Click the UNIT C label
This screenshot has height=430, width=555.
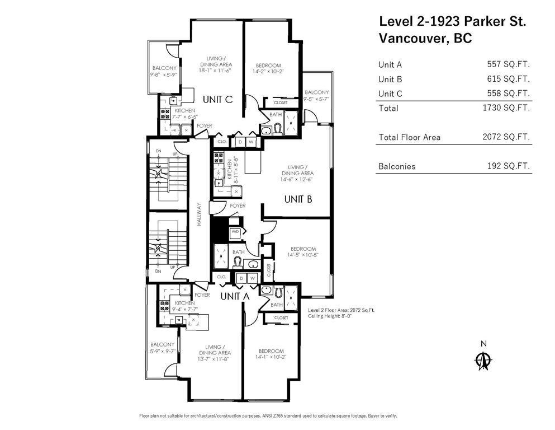[x=217, y=100]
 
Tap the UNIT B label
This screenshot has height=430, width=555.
[x=297, y=199]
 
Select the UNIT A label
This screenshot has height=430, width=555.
[x=234, y=296]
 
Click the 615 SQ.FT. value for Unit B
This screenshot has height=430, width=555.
[x=508, y=79]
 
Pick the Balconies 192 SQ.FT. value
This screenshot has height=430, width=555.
[x=508, y=166]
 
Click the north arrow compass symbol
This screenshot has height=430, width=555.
[x=483, y=359]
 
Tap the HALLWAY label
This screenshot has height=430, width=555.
[x=199, y=214]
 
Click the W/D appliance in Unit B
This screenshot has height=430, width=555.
[x=235, y=232]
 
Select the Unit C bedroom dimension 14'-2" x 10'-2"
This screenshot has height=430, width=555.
[x=264, y=71]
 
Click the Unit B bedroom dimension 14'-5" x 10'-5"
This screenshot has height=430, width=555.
[x=303, y=255]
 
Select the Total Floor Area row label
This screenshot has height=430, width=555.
[x=409, y=137]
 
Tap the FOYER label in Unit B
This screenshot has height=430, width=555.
[x=237, y=206]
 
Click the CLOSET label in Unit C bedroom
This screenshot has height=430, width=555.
[x=281, y=103]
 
